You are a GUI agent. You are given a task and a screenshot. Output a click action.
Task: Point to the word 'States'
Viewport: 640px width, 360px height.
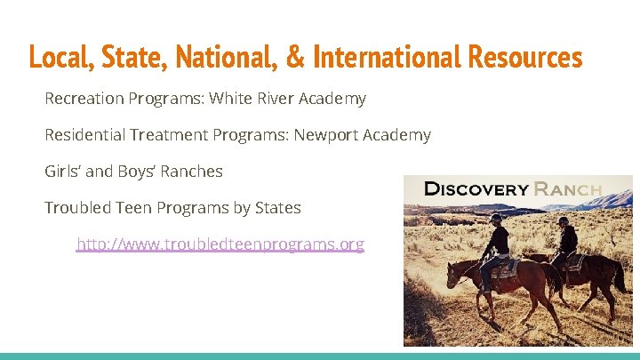(277, 208)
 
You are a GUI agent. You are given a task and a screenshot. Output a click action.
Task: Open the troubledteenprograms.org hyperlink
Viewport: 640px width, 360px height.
(220, 244)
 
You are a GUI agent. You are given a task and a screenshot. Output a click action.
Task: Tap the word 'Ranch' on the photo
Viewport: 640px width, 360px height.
(568, 188)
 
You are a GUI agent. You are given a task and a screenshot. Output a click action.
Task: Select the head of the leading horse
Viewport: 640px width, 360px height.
(452, 276)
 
